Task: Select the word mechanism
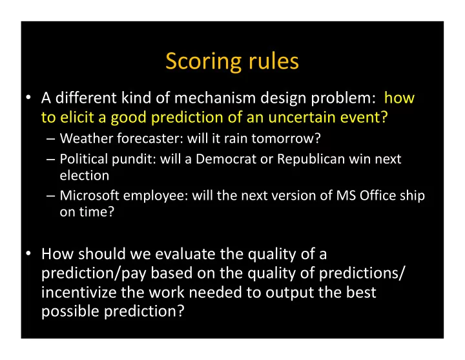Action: (215, 98)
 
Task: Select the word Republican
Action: (311, 160)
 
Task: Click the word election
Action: (85, 175)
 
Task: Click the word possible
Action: (70, 312)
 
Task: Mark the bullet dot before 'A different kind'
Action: (28, 98)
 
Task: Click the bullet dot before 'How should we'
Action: (28, 253)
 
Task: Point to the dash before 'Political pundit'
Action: (51, 160)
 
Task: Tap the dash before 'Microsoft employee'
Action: (51, 196)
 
